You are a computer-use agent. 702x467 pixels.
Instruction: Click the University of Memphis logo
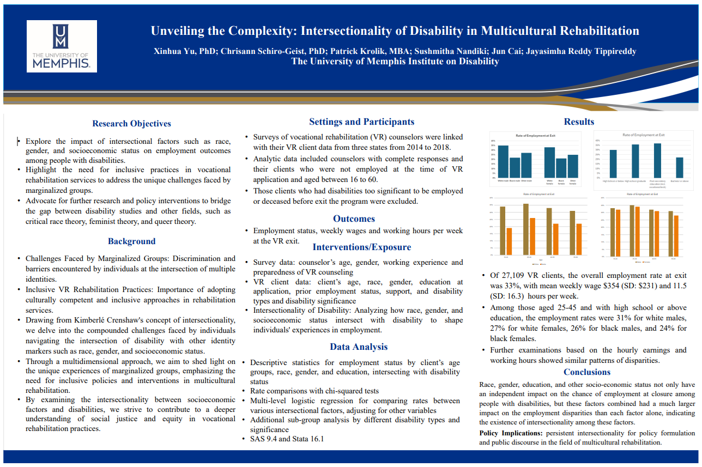62,46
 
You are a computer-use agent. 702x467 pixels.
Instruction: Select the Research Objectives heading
131,124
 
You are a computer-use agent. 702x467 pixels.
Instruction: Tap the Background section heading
131,241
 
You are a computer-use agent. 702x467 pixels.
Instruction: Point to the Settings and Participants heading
361,122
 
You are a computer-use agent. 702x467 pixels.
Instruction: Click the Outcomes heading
354,219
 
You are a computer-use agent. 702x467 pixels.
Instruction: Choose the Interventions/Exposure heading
361,247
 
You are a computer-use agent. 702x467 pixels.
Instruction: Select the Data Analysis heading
359,347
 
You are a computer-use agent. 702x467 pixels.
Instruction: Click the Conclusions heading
586,372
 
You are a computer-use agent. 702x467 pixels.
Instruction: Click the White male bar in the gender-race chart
503,161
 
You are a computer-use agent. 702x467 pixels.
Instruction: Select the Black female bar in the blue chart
561,167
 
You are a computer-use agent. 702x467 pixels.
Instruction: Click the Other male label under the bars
526,180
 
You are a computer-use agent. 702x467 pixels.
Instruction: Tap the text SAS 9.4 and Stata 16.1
287,439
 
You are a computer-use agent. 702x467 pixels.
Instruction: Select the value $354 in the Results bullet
615,286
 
